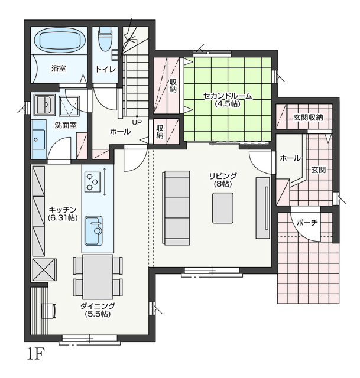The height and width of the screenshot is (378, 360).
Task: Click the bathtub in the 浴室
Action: point(60,41)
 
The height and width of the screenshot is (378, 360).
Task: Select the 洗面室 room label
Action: point(66,125)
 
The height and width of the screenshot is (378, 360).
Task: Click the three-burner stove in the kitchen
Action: point(93,181)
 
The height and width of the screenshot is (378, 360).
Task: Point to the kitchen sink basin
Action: point(93,230)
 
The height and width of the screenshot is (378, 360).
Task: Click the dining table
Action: point(98,277)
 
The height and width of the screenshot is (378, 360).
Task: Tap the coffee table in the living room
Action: point(223,208)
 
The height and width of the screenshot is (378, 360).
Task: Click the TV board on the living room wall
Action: point(263,208)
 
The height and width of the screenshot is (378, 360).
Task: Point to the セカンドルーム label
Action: point(228,96)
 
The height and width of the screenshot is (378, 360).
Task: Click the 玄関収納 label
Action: point(308,118)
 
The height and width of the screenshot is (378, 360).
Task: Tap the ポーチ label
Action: point(307,223)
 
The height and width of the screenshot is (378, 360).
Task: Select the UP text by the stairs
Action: point(137,122)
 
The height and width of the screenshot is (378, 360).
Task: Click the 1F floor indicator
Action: point(35,354)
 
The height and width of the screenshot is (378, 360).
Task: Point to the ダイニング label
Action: point(98,306)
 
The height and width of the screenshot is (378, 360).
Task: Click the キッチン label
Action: point(63,210)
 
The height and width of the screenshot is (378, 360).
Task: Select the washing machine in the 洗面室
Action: point(69,106)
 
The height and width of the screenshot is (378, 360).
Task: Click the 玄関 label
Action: point(319,170)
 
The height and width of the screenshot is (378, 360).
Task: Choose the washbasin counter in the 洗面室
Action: point(39,139)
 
